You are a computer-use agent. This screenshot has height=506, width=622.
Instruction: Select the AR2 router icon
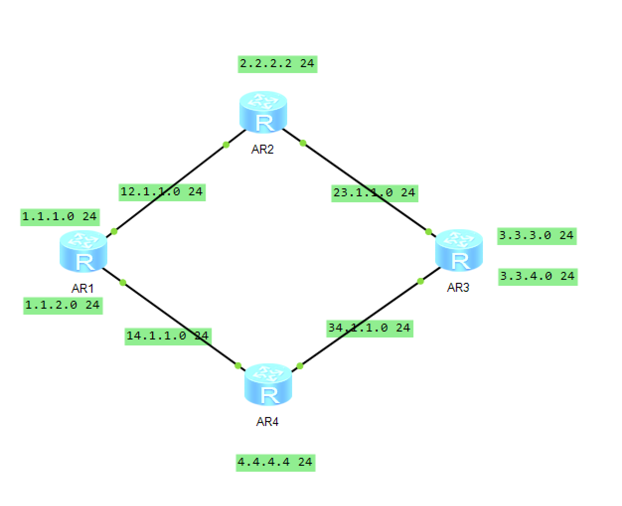tap(263, 112)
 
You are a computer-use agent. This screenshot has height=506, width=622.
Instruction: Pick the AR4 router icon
tap(268, 385)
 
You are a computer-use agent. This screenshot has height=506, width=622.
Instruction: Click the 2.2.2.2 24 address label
tap(277, 64)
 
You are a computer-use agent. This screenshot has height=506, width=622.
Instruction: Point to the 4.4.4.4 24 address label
tap(275, 462)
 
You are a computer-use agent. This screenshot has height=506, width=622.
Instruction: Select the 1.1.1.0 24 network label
tap(60, 217)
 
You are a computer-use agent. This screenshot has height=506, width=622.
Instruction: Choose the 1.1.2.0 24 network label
tap(63, 305)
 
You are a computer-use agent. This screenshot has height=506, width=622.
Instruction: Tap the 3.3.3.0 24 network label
tap(537, 236)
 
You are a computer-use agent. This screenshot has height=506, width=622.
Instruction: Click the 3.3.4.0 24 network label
tap(538, 276)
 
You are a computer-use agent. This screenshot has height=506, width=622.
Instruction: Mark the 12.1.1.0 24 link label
tap(162, 192)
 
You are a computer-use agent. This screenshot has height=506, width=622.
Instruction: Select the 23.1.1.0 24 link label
tap(375, 193)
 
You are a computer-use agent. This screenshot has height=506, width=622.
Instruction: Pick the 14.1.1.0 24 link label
tap(167, 336)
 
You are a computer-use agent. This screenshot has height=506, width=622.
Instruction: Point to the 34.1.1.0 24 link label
tap(369, 328)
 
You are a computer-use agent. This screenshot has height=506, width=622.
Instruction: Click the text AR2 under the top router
tap(262, 149)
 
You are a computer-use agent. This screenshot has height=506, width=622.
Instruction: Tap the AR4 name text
tap(267, 422)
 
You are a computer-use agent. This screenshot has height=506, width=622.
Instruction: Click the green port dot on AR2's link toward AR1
tap(226, 145)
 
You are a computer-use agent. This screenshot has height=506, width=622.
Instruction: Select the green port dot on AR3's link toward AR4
tap(420, 281)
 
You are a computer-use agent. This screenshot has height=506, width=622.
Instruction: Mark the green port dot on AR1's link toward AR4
tap(123, 282)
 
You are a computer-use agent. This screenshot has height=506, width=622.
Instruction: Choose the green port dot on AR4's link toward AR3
tap(300, 366)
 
